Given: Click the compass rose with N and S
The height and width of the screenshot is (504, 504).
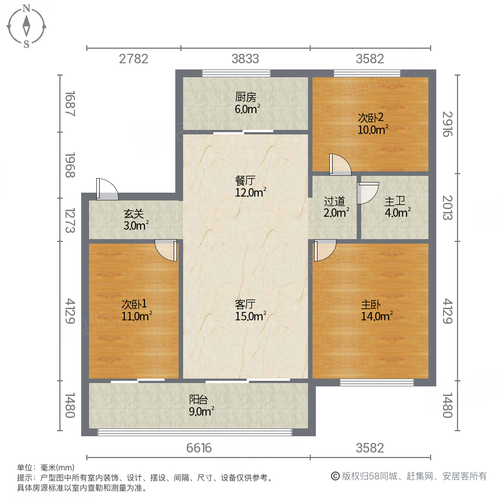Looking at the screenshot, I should pos(26,26).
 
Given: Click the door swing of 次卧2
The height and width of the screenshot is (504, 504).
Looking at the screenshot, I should pos(339,163).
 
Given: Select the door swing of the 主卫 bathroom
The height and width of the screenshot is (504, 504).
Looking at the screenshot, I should pos(367,192).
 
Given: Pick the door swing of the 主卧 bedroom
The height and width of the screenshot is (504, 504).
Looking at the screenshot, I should pos(325,250).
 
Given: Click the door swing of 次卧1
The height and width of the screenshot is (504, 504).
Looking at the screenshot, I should pos(166,250).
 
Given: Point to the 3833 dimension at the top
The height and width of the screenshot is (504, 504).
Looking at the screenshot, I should pos(245,59).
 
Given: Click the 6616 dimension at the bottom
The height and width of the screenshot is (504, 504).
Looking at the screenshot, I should pos(199,448).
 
